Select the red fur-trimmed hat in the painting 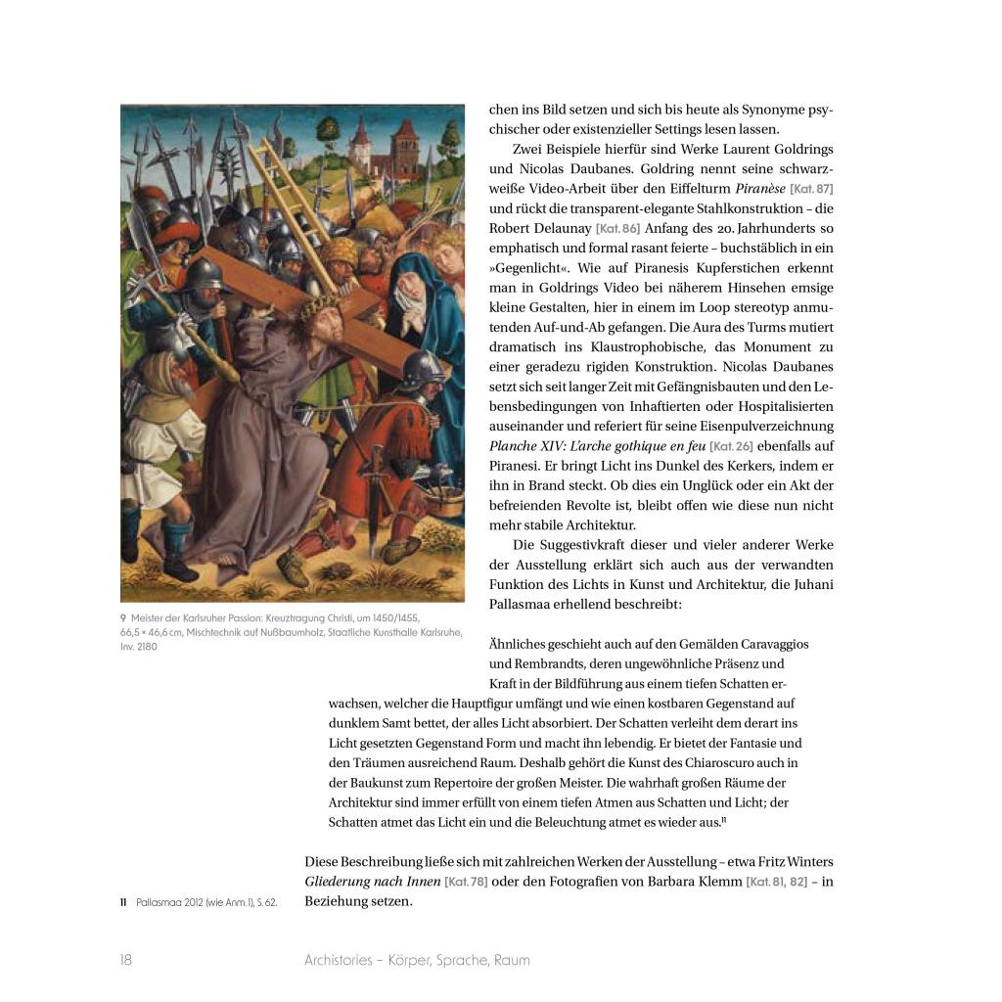click(x=177, y=235)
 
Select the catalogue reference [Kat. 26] click(x=730, y=446)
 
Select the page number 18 click(x=126, y=960)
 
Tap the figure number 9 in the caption click(x=123, y=617)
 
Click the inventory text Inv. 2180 click(x=138, y=646)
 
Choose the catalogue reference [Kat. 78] click(x=466, y=882)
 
